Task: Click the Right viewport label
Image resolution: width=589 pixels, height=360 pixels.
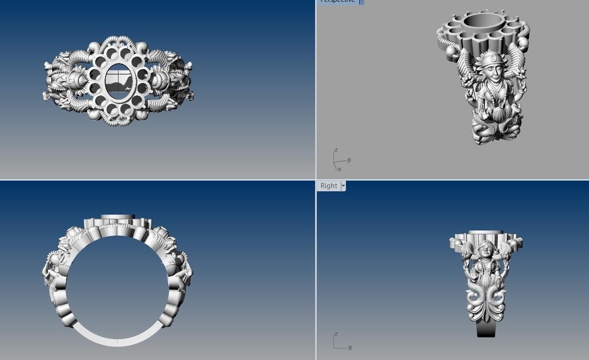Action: pos(328,186)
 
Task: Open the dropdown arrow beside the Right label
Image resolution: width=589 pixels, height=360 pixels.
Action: pos(343,186)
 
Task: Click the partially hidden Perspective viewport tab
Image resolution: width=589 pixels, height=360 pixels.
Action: pos(338,1)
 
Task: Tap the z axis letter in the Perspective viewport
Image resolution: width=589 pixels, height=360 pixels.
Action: pos(336,150)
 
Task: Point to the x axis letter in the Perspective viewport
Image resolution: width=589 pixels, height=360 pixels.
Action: pos(339,169)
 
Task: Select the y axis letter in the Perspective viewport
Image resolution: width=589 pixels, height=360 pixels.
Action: pos(349,159)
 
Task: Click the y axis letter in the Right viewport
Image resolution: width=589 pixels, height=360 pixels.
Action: pos(350,347)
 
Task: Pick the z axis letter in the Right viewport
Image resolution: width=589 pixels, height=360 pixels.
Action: pos(336,333)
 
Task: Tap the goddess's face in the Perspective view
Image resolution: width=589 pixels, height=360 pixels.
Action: pos(493,71)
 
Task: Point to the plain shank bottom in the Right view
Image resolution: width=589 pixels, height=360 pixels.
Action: pos(486,329)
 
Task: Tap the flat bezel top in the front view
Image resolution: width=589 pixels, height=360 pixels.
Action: pos(118,217)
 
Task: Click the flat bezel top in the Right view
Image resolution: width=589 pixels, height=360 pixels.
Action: pos(485,233)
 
